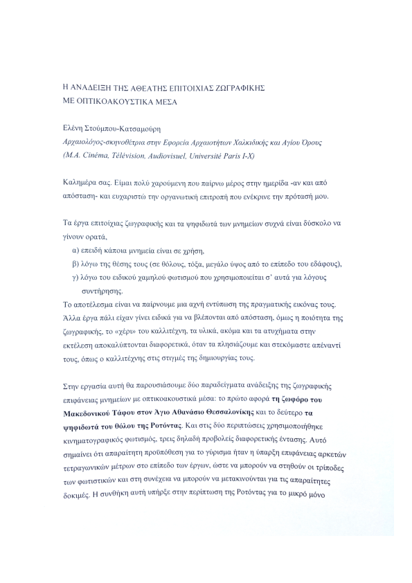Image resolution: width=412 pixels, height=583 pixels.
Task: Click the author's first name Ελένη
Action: tap(73, 129)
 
